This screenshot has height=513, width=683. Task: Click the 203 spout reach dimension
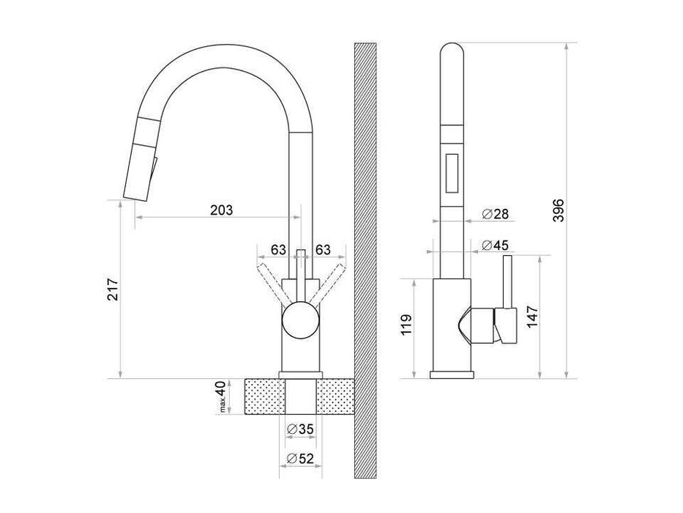coord(222,210)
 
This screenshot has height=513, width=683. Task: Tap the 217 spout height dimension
coord(113,289)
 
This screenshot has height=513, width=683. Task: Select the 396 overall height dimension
coord(558,210)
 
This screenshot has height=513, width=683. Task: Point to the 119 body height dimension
coord(406,324)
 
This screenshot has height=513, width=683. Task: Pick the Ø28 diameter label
coord(496,214)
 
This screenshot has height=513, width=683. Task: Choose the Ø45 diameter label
coord(496,246)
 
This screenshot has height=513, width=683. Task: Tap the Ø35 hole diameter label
coord(300,429)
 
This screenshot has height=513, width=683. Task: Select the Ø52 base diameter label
coord(300,459)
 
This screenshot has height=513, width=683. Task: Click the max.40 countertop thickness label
coord(222,396)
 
